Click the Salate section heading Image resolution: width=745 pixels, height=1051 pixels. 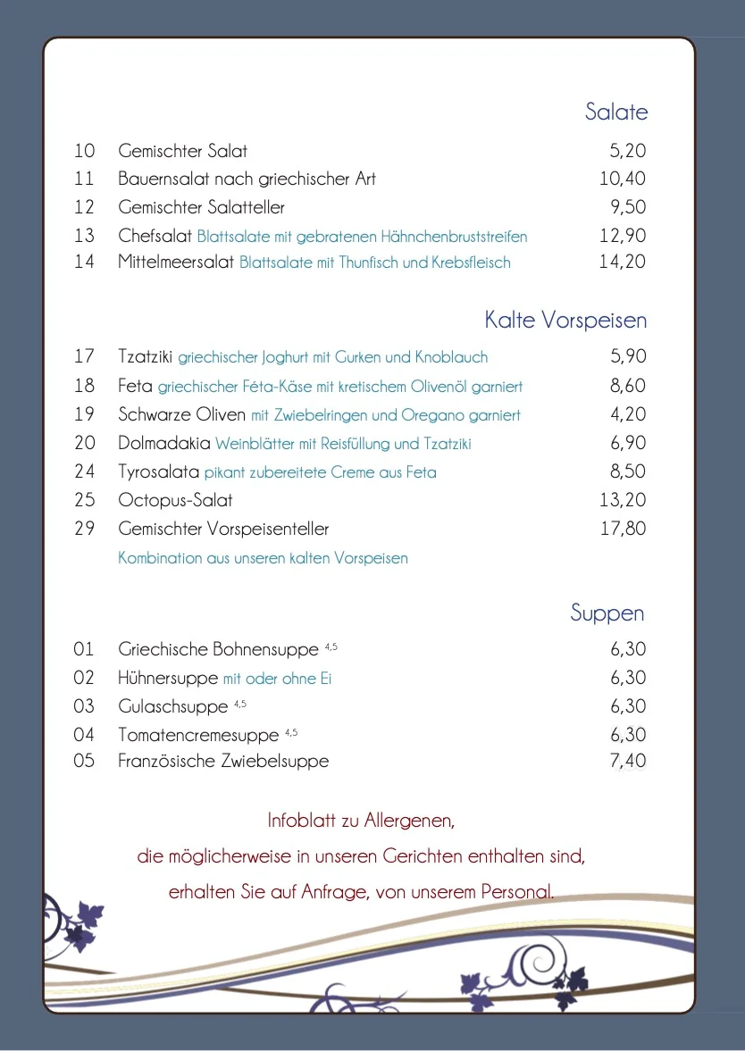[x=615, y=112]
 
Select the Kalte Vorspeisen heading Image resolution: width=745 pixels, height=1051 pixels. [x=565, y=320]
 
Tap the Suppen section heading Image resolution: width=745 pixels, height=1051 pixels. [x=607, y=613]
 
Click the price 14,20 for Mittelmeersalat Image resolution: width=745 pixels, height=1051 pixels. [x=623, y=263]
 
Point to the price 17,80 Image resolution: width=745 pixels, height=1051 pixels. [x=623, y=529]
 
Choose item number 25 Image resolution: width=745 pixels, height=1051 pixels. [x=84, y=500]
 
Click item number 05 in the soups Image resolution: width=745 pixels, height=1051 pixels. [x=84, y=762]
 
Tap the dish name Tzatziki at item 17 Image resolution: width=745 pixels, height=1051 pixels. [x=146, y=357]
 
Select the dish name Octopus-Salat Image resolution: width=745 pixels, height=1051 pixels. [x=175, y=500]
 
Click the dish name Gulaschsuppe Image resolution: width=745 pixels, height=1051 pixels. [x=173, y=707]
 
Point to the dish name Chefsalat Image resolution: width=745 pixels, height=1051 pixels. [x=155, y=237]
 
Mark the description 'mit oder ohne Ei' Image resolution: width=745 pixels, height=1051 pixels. [x=277, y=679]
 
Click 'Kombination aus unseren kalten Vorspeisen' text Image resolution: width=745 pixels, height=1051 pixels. [x=263, y=558]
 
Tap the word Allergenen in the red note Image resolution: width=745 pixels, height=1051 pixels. [x=410, y=820]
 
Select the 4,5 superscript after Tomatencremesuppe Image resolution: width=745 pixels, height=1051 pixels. [x=291, y=732]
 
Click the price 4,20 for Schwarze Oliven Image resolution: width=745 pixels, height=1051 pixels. [x=628, y=414]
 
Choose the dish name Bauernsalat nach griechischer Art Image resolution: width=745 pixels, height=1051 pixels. [x=247, y=179]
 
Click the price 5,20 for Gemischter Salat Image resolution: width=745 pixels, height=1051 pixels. [x=628, y=151]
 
